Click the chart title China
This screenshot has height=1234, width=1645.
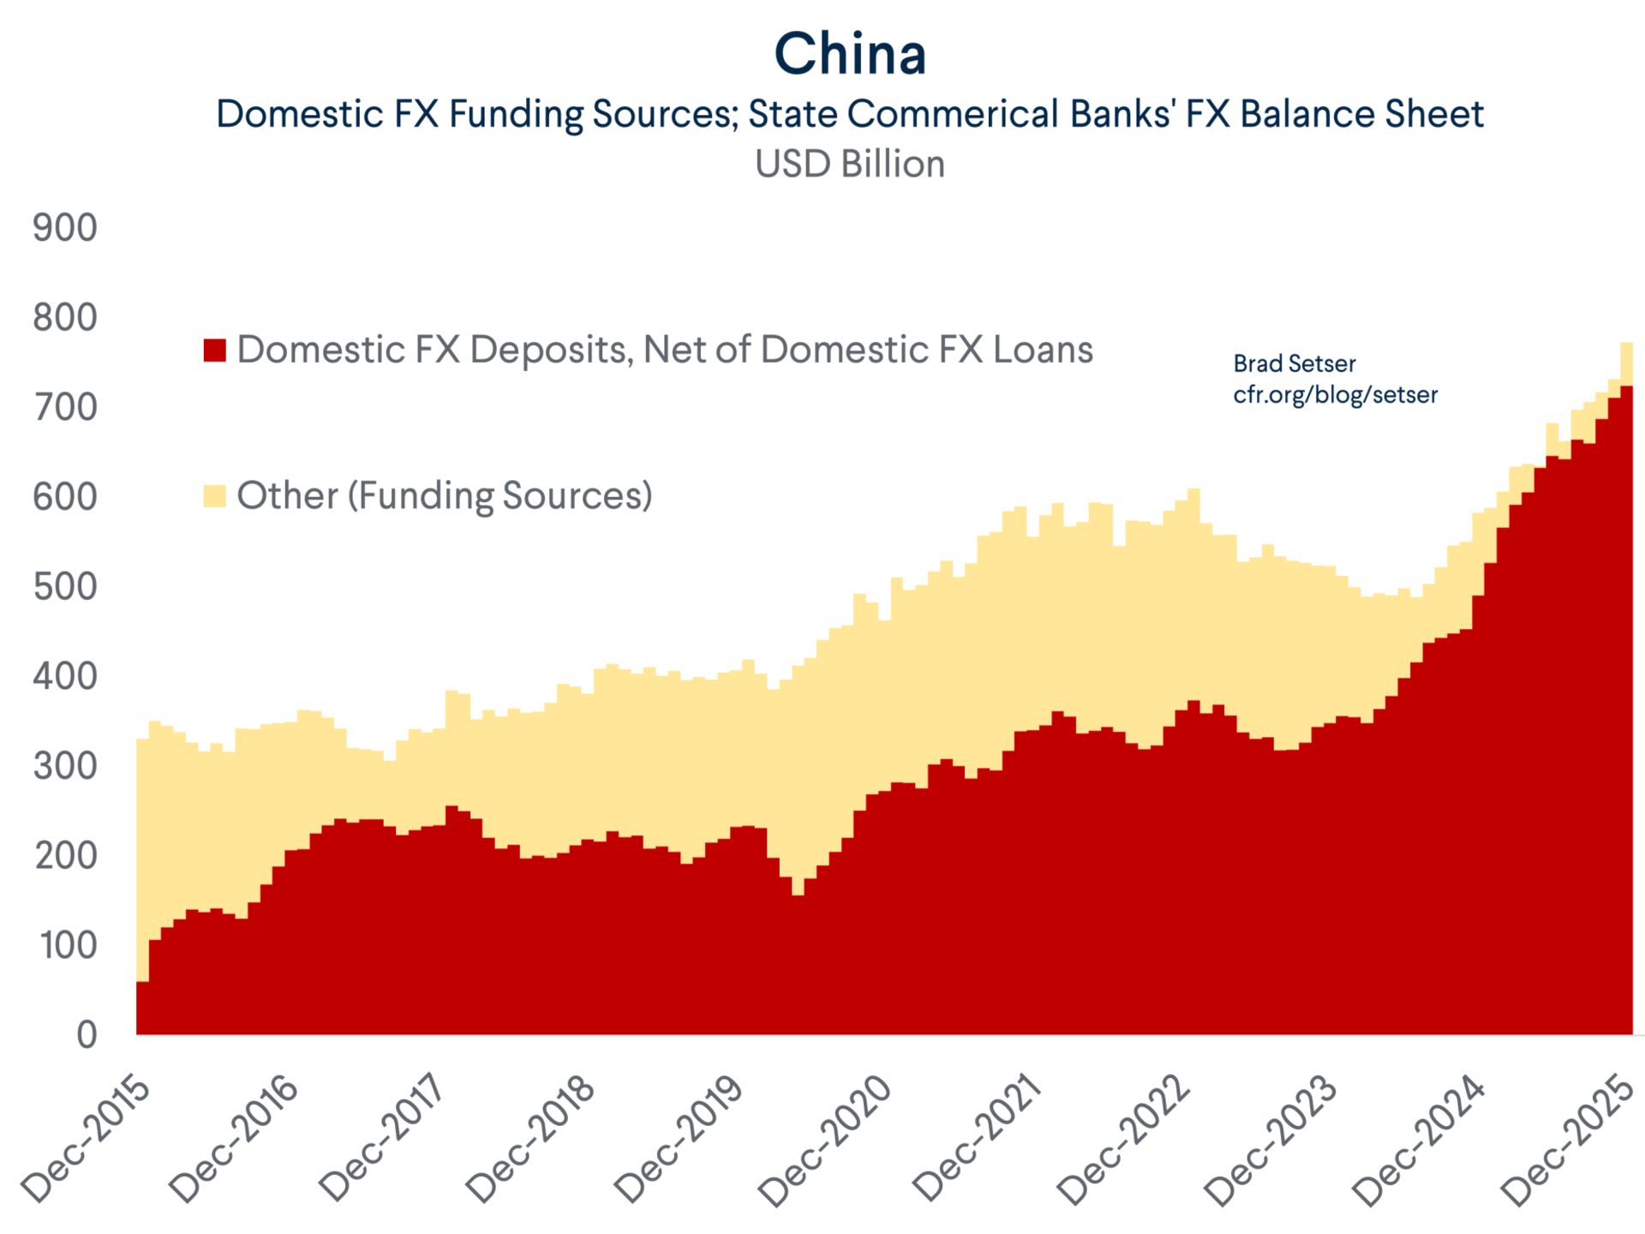pos(850,54)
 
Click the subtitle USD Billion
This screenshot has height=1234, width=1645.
pos(850,164)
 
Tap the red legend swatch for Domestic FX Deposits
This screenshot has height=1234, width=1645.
pos(214,350)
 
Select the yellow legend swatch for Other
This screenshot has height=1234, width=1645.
pos(214,495)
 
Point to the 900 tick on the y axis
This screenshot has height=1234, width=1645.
pos(65,228)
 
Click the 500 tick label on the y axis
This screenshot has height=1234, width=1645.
pos(65,587)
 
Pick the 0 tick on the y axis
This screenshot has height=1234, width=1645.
pos(87,1035)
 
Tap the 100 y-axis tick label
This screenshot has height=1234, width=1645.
pos(69,945)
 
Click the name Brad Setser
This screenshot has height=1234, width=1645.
pos(1294,363)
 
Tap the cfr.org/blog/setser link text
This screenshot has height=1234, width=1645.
pos(1335,394)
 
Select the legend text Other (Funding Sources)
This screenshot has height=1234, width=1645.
pos(444,495)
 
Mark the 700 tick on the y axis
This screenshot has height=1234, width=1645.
pos(65,408)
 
